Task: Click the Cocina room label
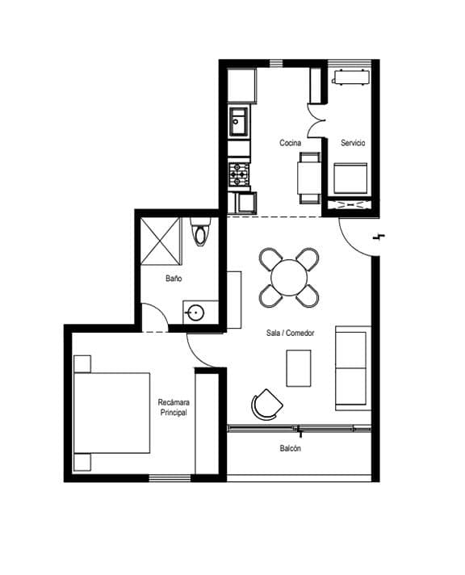[x=290, y=143]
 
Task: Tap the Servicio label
[x=353, y=143]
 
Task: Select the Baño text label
[x=174, y=279]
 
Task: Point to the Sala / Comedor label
[x=290, y=333]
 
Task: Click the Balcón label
[x=290, y=448]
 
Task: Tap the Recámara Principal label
[x=174, y=407]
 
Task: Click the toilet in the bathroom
[x=200, y=232]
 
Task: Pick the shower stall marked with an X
[x=161, y=241]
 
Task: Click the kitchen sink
[x=239, y=121]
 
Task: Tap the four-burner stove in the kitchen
[x=239, y=174]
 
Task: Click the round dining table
[x=289, y=278]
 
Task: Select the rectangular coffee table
[x=299, y=368]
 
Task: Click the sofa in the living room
[x=353, y=368]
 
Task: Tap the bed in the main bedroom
[x=112, y=413]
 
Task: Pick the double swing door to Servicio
[x=316, y=121]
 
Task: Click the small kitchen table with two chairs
[x=310, y=178]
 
